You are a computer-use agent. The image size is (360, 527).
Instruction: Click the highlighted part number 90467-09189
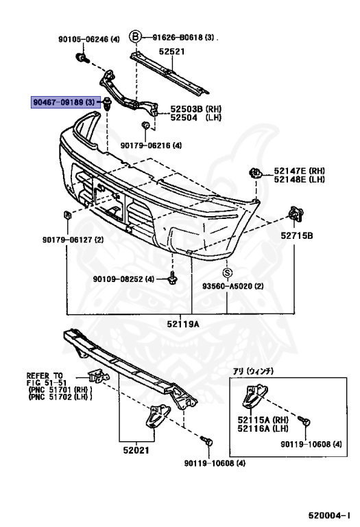coord(58,102)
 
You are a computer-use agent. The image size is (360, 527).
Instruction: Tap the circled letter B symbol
coord(135,36)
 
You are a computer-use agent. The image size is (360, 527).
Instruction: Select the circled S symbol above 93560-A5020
coord(228,272)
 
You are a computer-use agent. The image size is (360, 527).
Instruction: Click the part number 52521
coord(171,51)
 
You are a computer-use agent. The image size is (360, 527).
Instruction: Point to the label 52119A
coord(183,324)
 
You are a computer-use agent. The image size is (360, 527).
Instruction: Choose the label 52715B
coord(296,235)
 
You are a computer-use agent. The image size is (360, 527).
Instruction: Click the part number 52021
coord(136,450)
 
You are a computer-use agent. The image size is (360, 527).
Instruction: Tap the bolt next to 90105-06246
coord(82,58)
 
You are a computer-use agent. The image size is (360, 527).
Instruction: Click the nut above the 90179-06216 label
coord(146,126)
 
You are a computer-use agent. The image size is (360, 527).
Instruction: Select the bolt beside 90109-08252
coord(173,279)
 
